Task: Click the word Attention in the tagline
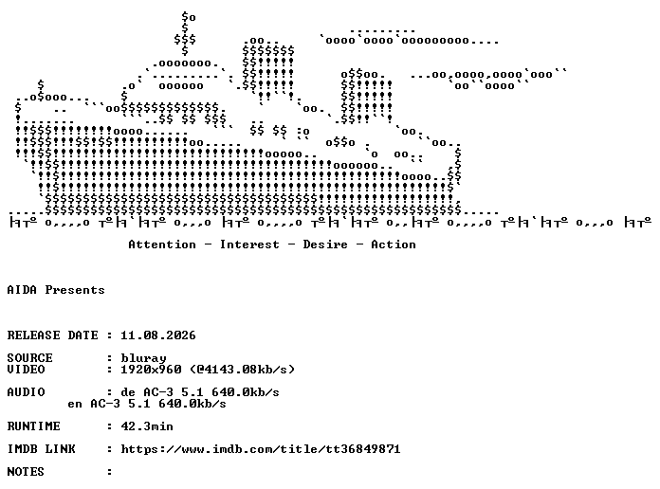(x=162, y=244)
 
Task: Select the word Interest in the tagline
(x=249, y=244)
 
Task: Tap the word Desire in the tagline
(x=325, y=244)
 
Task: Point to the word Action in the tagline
(x=394, y=244)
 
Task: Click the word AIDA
(x=22, y=290)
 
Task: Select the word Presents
(x=75, y=290)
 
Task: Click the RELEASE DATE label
(x=52, y=335)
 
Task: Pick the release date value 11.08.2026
(x=158, y=335)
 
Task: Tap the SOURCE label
(x=30, y=358)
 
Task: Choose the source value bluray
(x=143, y=358)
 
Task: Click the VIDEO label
(x=27, y=370)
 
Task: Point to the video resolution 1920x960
(x=151, y=370)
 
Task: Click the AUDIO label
(x=27, y=392)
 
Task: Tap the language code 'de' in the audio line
(x=128, y=392)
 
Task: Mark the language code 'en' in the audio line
(x=75, y=404)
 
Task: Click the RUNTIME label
(x=34, y=426)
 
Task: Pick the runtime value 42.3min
(x=147, y=426)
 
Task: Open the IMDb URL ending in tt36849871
(x=261, y=449)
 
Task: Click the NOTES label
(x=26, y=472)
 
